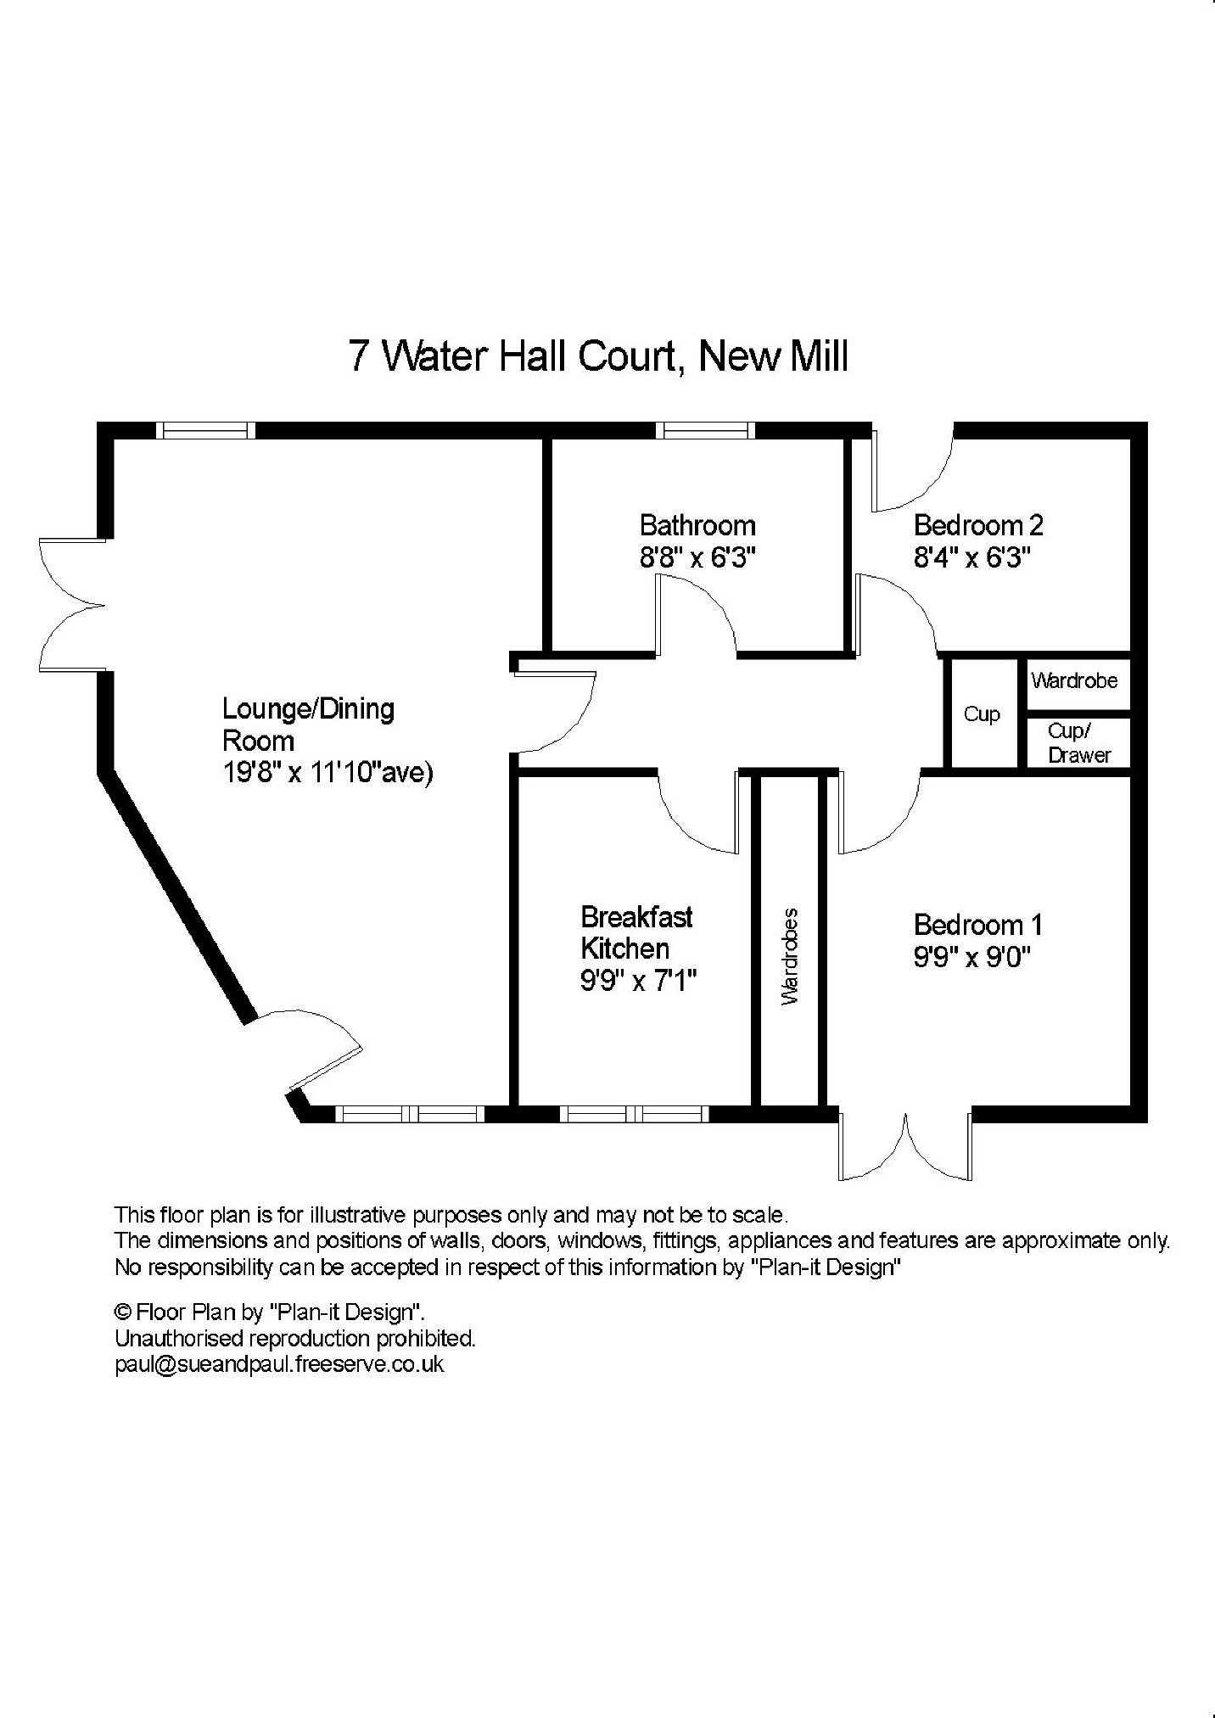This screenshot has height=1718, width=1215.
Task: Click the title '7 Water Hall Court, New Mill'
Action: (x=598, y=356)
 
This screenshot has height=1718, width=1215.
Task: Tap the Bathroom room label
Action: (x=697, y=526)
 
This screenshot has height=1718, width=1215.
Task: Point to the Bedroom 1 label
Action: (x=978, y=924)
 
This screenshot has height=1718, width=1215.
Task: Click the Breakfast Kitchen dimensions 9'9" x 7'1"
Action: (x=638, y=981)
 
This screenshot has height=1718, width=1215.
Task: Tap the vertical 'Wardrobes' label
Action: (x=790, y=956)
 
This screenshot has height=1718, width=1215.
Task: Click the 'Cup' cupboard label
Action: (x=982, y=714)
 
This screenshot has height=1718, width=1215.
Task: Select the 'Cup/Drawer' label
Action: (x=1078, y=743)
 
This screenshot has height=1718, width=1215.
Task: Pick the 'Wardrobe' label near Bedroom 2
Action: (x=1074, y=680)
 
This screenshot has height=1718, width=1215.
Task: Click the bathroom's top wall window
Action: (x=705, y=430)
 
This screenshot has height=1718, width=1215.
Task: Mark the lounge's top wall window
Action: (x=206, y=430)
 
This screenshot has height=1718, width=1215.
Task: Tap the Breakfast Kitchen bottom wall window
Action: (x=633, y=1113)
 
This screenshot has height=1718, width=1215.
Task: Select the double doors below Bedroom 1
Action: (x=905, y=1145)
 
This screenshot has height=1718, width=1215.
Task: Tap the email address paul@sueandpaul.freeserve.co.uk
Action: (x=279, y=1365)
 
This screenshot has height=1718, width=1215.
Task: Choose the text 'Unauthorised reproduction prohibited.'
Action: (x=295, y=1339)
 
